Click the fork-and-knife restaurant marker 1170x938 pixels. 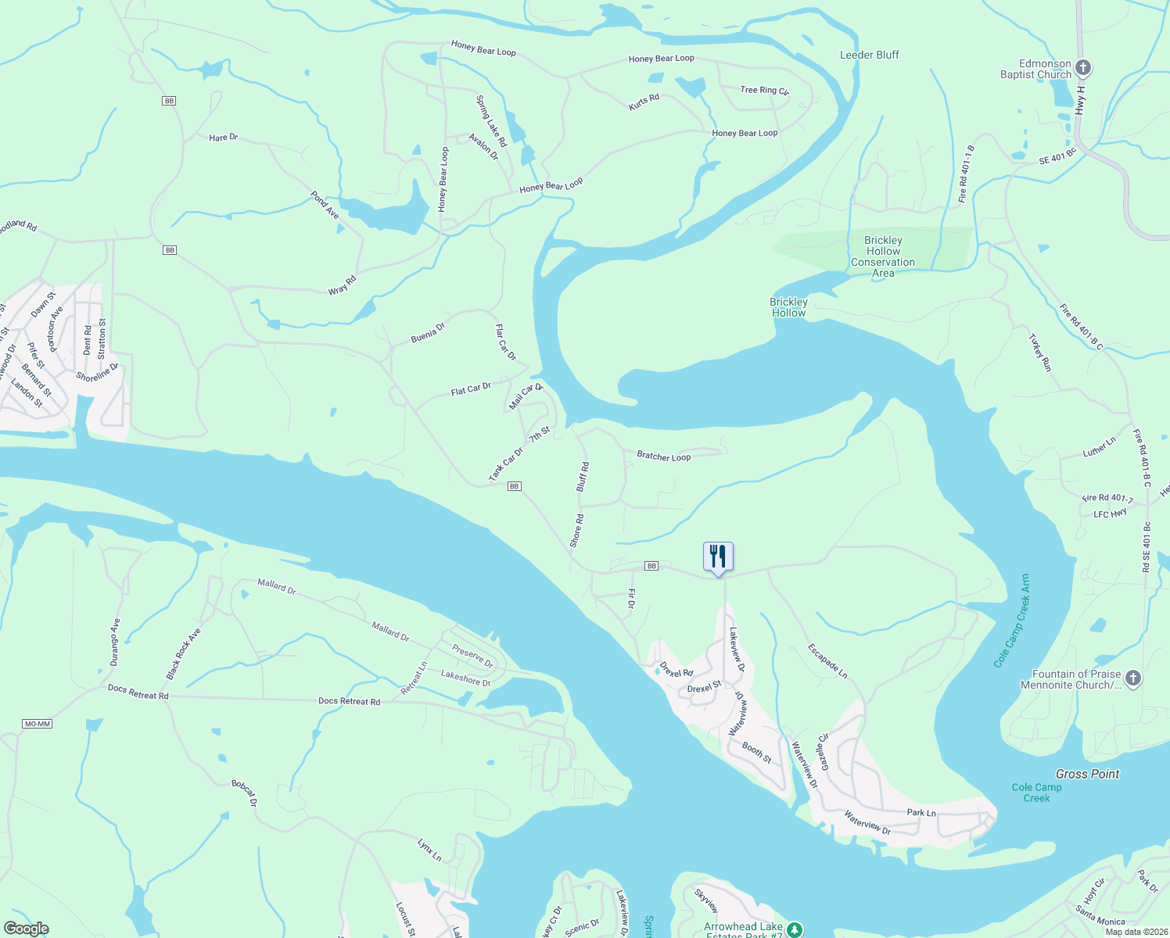coord(718,557)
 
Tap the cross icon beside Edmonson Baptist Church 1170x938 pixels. coord(1082,68)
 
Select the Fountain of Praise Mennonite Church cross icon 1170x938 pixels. coord(1133,678)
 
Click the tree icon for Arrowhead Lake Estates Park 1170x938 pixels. coord(795,929)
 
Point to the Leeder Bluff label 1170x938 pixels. coord(869,55)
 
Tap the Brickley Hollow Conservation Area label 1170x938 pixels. coord(883,256)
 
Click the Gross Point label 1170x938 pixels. coord(1087,774)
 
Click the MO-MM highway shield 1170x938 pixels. coord(38,724)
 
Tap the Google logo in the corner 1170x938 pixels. coord(27,929)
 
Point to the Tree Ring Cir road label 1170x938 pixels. coord(764,91)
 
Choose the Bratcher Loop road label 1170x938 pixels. coord(663,456)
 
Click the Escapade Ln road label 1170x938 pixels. coord(827,661)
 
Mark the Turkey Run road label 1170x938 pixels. coord(1040,353)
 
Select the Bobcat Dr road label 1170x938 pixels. coord(243,793)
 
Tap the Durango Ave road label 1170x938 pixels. coord(115,642)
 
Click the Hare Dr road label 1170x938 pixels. coord(223,138)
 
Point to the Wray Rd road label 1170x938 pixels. coord(342,285)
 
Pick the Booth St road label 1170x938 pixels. coord(756,753)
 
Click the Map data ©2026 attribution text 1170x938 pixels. coord(1136,932)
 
